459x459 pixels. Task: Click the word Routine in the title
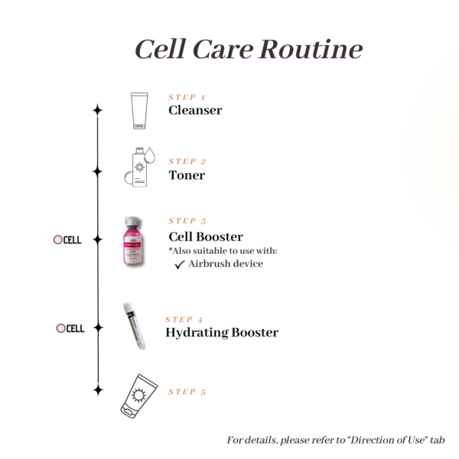pos(309,49)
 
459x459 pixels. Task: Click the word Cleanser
pos(195,110)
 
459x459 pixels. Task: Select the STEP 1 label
pos(187,97)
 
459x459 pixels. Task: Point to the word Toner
pos(187,175)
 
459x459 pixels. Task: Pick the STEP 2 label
pos(187,161)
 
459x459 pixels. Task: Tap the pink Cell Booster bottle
pos(136,242)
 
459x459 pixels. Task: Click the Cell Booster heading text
pos(206,236)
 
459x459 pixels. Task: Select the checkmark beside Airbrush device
pos(180,265)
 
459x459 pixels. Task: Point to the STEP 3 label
pos(187,221)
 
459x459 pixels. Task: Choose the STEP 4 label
pos(184,319)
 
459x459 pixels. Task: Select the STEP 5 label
pos(187,392)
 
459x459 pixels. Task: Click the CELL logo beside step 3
pos(67,239)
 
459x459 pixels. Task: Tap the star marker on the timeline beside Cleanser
pos(97,110)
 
